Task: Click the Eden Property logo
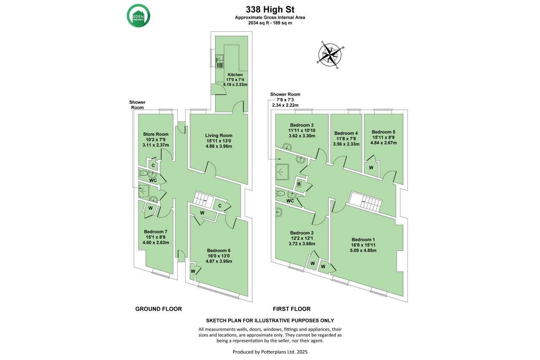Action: (x=138, y=16)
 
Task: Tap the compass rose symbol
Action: (x=330, y=55)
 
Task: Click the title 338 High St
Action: (x=270, y=10)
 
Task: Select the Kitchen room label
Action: (x=235, y=75)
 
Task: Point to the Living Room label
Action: (x=219, y=136)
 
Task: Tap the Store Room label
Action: (x=156, y=134)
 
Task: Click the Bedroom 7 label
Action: (x=156, y=232)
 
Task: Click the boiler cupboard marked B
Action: (x=299, y=184)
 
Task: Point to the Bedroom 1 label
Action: (x=363, y=239)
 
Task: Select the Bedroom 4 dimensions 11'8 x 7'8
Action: (x=346, y=139)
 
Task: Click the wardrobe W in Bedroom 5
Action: (x=371, y=168)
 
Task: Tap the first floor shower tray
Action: (x=282, y=172)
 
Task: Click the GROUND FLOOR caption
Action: (x=158, y=309)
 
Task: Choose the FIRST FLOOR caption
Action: (x=292, y=309)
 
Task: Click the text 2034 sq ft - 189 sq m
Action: (x=270, y=23)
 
